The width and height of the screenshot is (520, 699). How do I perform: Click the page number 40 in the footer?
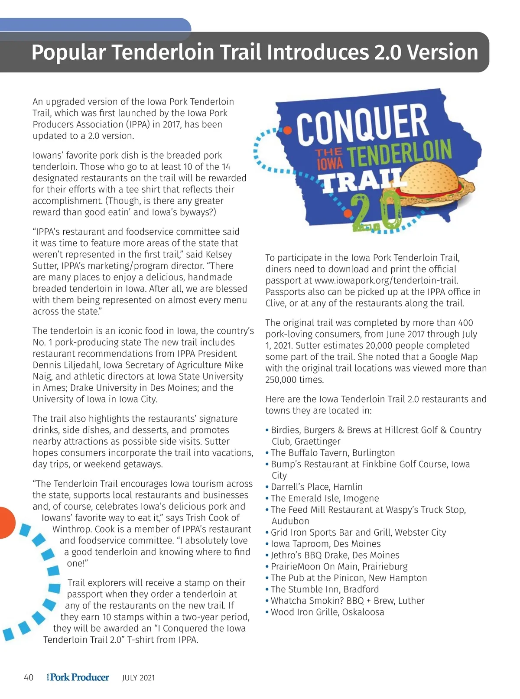click(29, 677)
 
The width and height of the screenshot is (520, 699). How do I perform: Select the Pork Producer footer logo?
click(78, 677)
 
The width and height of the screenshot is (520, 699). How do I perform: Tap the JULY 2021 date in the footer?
click(138, 678)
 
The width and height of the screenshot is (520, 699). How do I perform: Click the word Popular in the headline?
click(68, 52)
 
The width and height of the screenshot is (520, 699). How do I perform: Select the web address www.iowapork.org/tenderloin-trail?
click(386, 280)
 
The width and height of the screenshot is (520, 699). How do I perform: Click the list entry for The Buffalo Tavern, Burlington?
click(332, 453)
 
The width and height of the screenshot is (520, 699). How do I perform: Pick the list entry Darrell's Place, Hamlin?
click(316, 487)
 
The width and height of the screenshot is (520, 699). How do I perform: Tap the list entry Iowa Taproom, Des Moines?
click(325, 544)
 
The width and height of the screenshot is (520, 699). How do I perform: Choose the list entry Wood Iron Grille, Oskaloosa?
click(327, 612)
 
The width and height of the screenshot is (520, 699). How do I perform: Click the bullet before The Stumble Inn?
click(267, 589)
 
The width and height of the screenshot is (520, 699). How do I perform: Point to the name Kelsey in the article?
click(219, 254)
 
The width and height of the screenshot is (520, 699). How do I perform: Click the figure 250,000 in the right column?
click(282, 380)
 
